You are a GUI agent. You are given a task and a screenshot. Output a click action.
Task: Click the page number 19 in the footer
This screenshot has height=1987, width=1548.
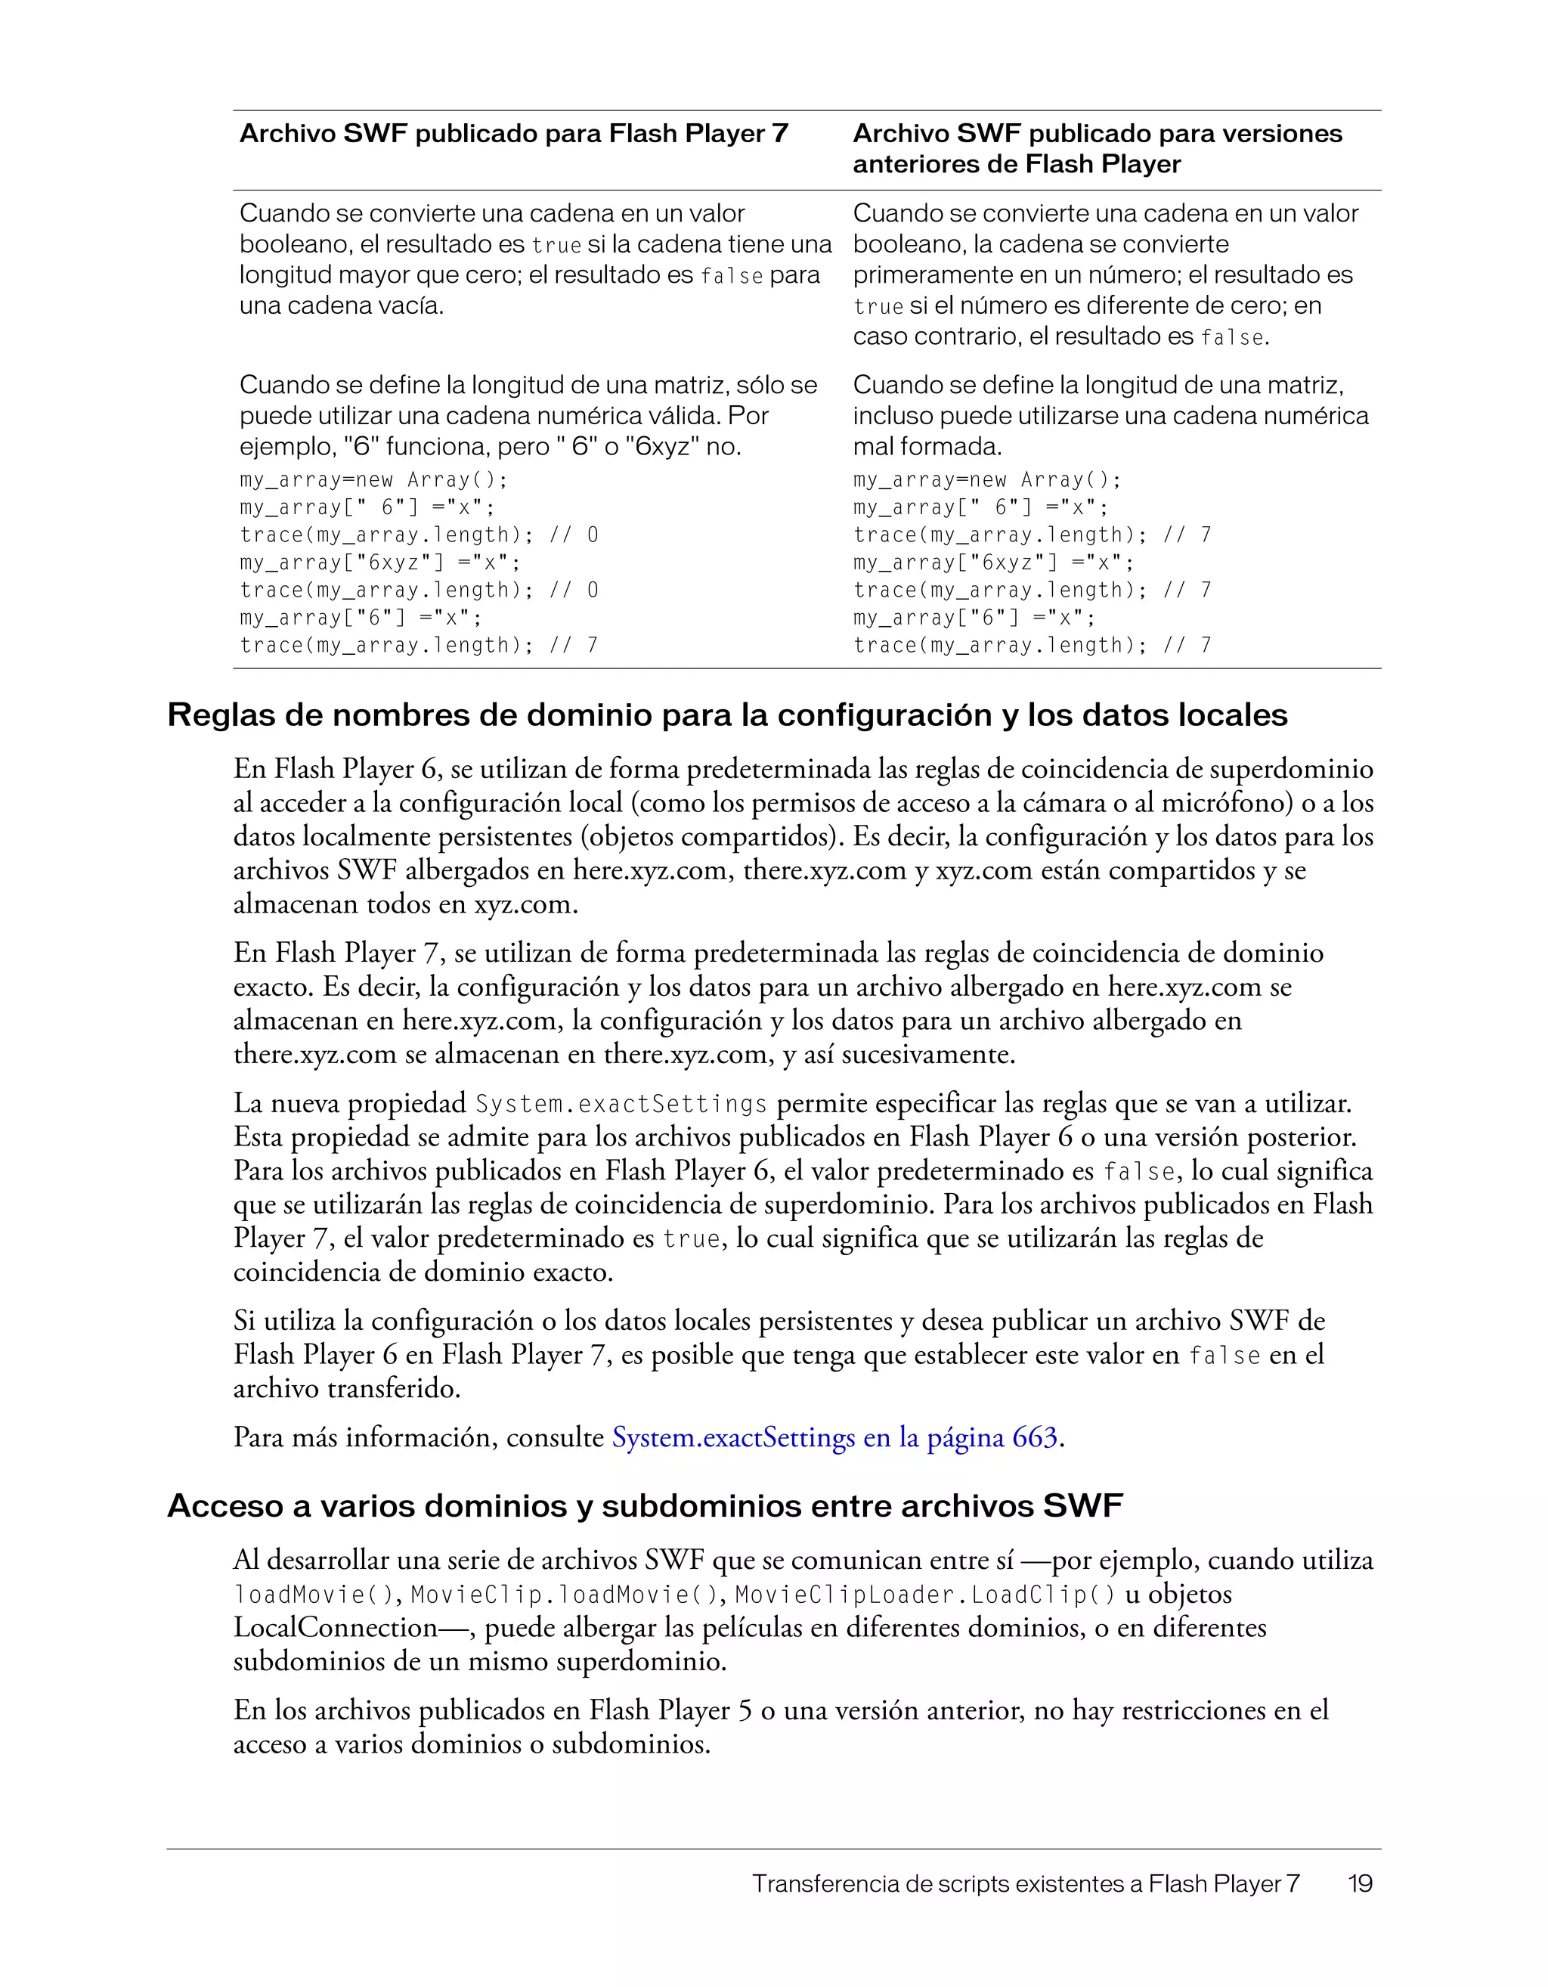1360,1883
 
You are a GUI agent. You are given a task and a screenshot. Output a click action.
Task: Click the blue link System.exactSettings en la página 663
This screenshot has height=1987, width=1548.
834,1437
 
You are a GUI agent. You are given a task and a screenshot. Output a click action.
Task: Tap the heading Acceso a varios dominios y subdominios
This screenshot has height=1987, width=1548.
645,1505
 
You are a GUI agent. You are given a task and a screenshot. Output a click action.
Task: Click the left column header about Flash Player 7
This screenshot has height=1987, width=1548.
513,134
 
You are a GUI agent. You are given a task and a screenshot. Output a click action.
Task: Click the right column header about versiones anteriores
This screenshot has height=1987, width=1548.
1096,148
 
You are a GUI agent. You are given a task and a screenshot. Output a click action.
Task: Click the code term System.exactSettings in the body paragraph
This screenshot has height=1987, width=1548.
621,1105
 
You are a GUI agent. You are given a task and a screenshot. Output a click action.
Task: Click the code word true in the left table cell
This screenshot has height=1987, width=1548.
556,246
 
